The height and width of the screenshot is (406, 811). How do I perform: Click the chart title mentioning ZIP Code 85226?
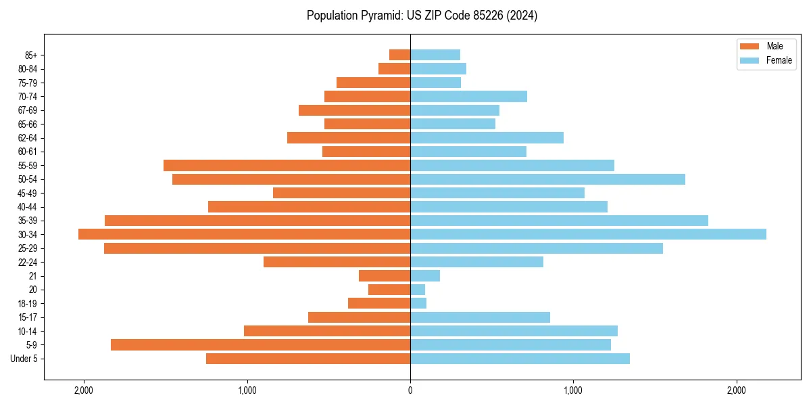pyautogui.click(x=422, y=16)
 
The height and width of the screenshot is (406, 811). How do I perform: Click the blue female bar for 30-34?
pyautogui.click(x=588, y=234)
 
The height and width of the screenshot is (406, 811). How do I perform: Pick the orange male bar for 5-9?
pyautogui.click(x=260, y=344)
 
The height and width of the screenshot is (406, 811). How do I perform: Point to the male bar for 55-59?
pyautogui.click(x=287, y=165)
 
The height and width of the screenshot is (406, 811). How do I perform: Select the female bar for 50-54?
pyautogui.click(x=547, y=179)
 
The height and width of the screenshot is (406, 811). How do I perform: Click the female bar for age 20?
pyautogui.click(x=418, y=290)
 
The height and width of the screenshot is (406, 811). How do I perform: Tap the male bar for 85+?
pyautogui.click(x=400, y=55)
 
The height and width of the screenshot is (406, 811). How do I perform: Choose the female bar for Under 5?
pyautogui.click(x=520, y=359)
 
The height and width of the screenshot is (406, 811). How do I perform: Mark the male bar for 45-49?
pyautogui.click(x=341, y=193)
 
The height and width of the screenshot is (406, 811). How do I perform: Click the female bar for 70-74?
pyautogui.click(x=468, y=96)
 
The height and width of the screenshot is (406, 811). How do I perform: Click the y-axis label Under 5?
pyautogui.click(x=24, y=359)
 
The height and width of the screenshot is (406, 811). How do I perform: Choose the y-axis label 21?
pyautogui.click(x=33, y=276)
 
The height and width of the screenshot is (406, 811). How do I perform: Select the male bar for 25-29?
pyautogui.click(x=257, y=248)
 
